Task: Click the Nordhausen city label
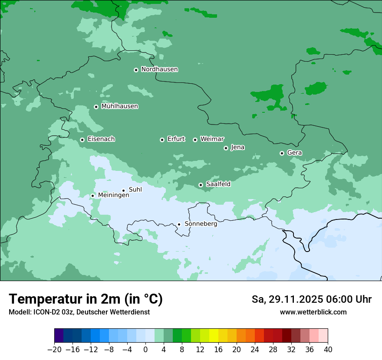[159, 69]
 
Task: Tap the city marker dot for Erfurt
[162, 140]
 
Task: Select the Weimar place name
[212, 139]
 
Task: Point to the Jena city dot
[226, 148]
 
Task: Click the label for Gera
[294, 153]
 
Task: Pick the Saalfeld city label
[218, 184]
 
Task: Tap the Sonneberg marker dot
[179, 224]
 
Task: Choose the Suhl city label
[135, 190]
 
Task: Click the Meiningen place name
[113, 195]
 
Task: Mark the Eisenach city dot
[82, 140]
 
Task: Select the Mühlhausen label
[119, 106]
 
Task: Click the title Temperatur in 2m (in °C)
[86, 299]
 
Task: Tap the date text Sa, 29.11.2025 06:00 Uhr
[311, 299]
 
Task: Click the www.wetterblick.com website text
[313, 312]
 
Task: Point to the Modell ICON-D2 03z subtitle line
[79, 312]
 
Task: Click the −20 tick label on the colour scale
[55, 350]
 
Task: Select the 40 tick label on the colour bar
[328, 350]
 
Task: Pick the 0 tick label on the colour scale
[145, 350]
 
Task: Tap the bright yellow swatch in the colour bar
[214, 335]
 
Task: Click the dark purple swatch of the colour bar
[59, 335]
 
